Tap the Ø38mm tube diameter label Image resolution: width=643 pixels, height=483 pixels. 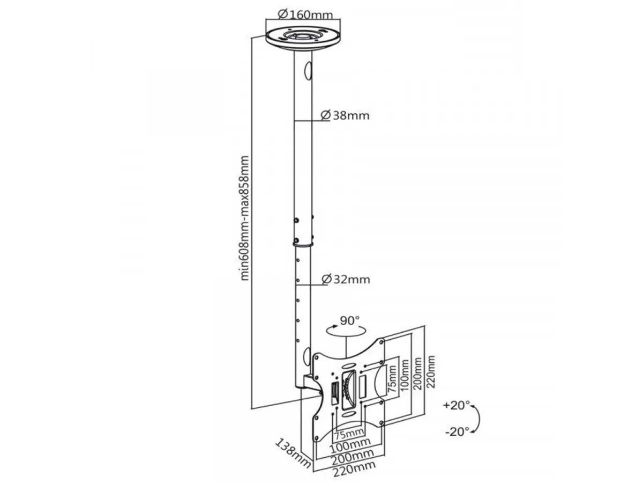pos(345,115)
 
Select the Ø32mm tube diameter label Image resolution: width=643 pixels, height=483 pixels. pos(346,280)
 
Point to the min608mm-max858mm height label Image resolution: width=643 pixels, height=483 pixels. pos(245,218)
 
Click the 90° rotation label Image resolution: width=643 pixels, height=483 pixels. pos(349,321)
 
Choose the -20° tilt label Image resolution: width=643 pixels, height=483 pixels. pos(457,430)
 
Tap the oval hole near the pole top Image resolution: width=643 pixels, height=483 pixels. pos(307,69)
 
